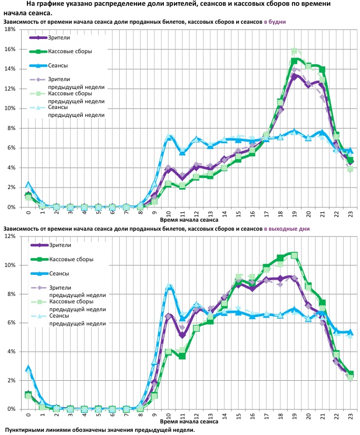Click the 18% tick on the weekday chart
tap(10, 29)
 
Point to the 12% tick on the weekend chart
tap(10, 236)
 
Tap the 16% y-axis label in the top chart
tap(10, 49)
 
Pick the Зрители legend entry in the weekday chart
tap(59, 37)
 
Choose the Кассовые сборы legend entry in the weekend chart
tap(70, 259)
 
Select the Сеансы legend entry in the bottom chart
tap(59, 273)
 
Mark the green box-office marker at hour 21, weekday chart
tap(322, 70)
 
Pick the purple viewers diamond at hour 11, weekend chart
tap(182, 334)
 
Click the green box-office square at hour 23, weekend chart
tap(350, 373)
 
